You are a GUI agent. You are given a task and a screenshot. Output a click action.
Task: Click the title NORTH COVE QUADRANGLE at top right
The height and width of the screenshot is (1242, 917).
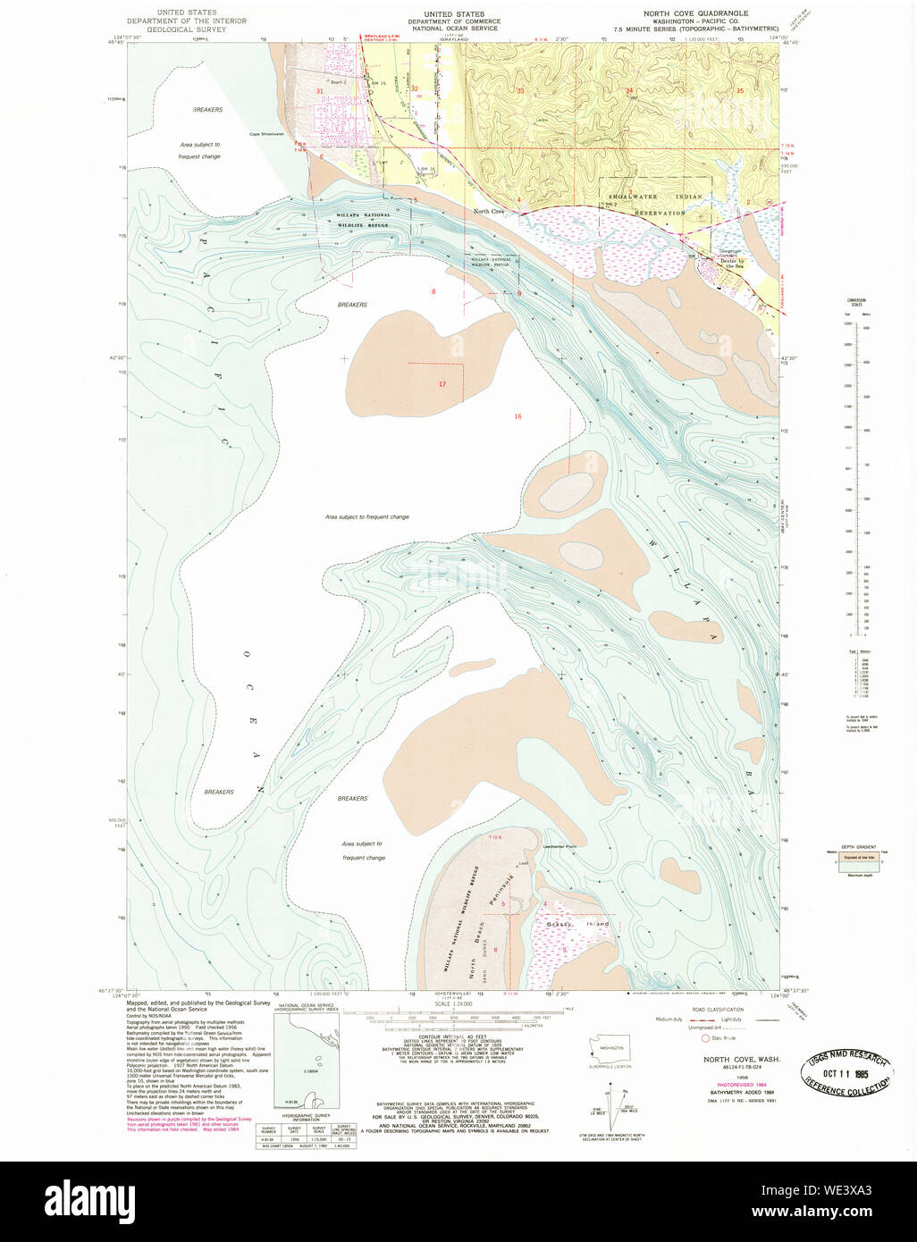click(x=696, y=13)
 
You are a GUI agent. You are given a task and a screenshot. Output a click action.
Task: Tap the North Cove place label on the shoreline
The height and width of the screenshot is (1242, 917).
click(x=489, y=211)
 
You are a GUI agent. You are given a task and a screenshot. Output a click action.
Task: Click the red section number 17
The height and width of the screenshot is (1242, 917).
click(x=442, y=384)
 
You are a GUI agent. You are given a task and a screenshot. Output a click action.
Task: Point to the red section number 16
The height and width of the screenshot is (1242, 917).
click(x=517, y=416)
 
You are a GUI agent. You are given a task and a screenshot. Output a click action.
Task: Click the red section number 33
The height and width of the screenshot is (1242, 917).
click(x=520, y=90)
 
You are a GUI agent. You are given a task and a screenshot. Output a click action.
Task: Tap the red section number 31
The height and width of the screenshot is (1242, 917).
click(x=319, y=91)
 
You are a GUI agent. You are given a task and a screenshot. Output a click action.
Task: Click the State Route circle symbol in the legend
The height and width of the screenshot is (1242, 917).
click(x=705, y=1038)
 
